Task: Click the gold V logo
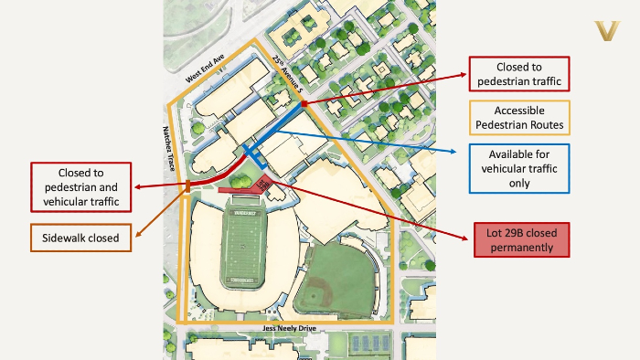point(607,32)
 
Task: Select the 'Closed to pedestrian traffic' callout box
point(518,75)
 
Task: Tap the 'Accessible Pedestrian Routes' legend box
point(518,116)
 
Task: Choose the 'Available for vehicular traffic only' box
point(518,168)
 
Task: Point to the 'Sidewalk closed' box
point(80,238)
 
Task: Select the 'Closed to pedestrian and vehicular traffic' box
point(80,185)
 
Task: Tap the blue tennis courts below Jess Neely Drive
point(365,344)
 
